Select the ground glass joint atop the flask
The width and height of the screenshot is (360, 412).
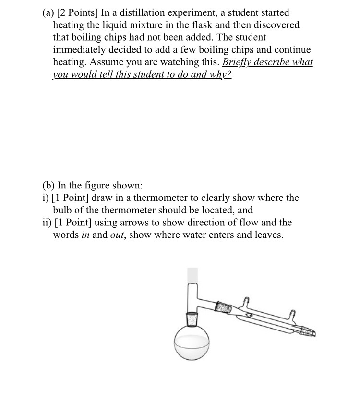[x=192, y=319]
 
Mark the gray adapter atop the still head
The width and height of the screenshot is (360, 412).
[x=192, y=274]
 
